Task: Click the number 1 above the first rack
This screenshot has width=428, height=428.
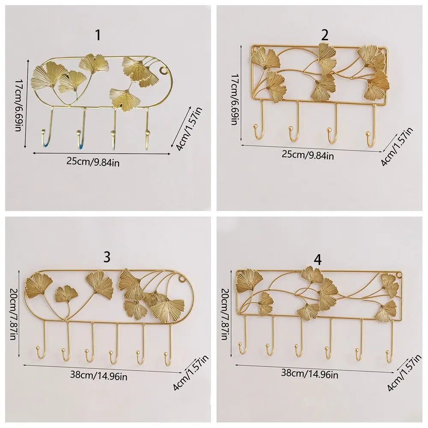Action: coord(98,35)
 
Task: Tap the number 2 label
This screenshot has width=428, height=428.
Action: coord(324,35)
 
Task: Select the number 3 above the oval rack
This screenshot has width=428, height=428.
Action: coord(107,257)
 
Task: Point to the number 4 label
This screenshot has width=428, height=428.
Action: coord(318,260)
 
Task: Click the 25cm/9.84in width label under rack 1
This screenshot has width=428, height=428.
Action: coord(93,162)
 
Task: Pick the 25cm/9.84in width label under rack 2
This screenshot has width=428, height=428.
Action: coord(308,155)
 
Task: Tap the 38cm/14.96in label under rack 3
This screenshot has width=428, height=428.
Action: coord(98,375)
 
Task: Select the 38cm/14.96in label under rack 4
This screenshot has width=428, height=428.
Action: coord(309,373)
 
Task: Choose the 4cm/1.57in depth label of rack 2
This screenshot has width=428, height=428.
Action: coord(397,146)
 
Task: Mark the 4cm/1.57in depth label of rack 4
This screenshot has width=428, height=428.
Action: coord(404,373)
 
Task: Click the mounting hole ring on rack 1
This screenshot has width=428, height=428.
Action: coord(164,71)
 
